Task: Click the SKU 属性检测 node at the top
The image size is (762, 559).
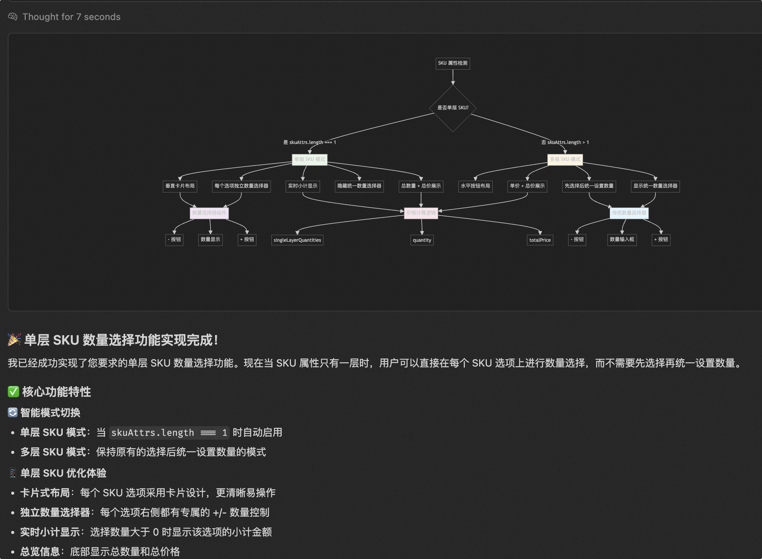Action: (x=453, y=63)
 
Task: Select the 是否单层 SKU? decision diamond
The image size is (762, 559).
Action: (x=453, y=108)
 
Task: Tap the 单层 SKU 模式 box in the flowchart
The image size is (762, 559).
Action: (x=309, y=159)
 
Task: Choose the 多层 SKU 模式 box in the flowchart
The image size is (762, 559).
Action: (x=565, y=159)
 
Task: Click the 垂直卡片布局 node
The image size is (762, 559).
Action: (x=180, y=186)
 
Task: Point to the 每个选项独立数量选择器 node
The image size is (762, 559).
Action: (x=241, y=186)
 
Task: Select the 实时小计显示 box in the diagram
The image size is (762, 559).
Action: (x=302, y=186)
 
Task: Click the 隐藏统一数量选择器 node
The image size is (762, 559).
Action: (x=359, y=186)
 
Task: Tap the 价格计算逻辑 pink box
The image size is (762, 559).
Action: (x=421, y=213)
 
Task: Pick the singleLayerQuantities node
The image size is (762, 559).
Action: (x=297, y=240)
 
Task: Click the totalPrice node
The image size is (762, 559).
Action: (x=540, y=240)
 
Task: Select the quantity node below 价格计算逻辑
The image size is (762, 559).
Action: (x=422, y=240)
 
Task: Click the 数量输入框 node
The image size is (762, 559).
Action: (x=622, y=239)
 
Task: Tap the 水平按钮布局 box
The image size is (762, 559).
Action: (x=475, y=186)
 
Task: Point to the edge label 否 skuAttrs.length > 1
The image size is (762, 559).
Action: (x=565, y=142)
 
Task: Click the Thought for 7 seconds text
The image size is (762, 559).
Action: (x=71, y=17)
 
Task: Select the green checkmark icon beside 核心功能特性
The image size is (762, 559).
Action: (x=13, y=392)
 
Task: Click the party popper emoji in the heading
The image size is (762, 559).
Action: (x=14, y=340)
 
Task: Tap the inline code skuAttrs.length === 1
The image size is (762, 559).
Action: (x=169, y=433)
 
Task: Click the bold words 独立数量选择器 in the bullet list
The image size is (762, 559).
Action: (x=55, y=512)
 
